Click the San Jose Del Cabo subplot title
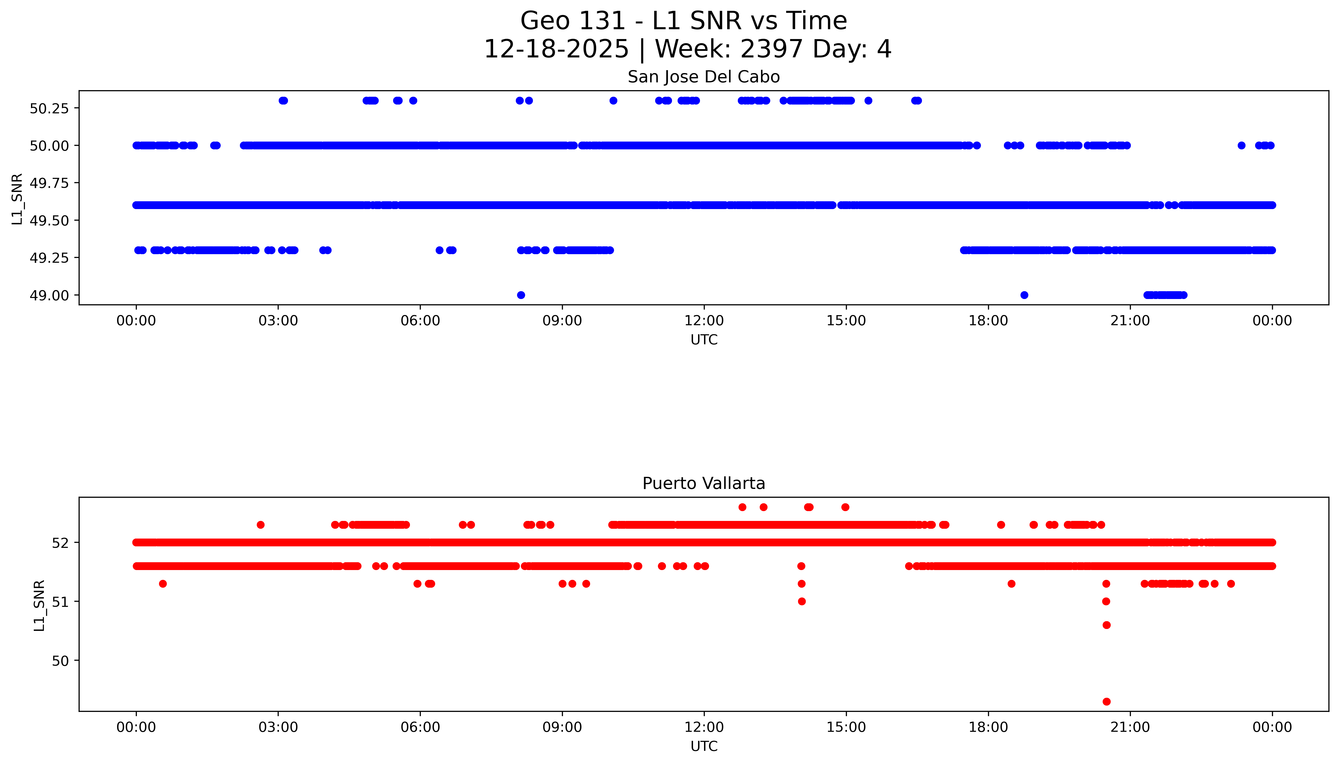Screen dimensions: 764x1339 tap(703, 77)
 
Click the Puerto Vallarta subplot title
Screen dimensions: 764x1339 tap(703, 483)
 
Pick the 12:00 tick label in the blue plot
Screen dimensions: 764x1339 tap(704, 321)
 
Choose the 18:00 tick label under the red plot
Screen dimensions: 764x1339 tap(988, 727)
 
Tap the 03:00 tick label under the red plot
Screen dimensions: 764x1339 tap(278, 727)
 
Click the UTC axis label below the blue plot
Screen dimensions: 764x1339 tap(704, 340)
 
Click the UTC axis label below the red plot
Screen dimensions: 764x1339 tap(704, 746)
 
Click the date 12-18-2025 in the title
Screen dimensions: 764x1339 tap(556, 49)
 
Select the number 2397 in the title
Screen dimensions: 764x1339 tap(771, 49)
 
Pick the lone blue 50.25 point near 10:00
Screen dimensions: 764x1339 tap(613, 101)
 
